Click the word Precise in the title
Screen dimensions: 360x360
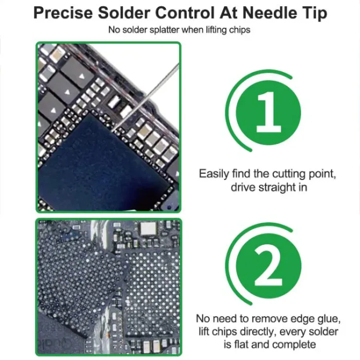pos(63,13)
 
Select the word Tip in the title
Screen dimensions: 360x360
pos(314,13)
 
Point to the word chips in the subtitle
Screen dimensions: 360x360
pos(240,30)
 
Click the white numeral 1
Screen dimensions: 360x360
pos(268,112)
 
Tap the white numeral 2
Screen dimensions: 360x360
pos(268,267)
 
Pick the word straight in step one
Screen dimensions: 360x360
pos(277,187)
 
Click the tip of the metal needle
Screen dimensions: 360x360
pos(112,131)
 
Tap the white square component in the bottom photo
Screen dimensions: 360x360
pos(148,229)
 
